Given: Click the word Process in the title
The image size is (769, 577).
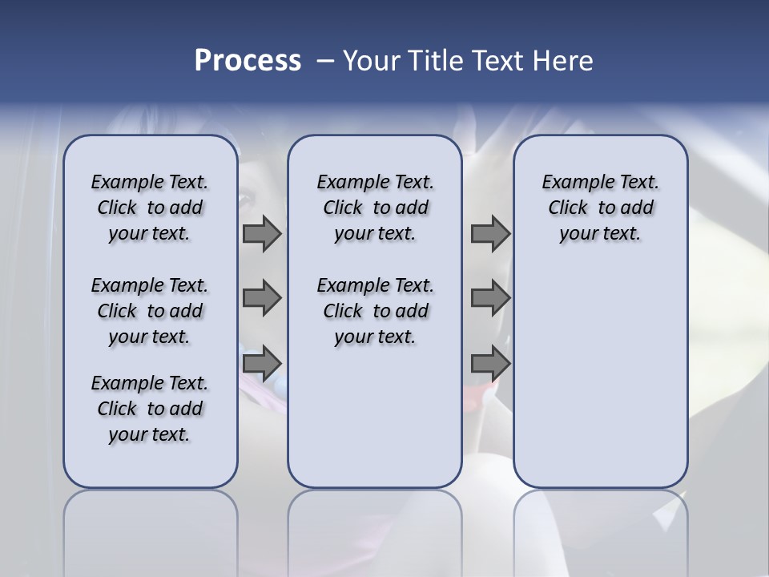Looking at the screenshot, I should (x=248, y=61).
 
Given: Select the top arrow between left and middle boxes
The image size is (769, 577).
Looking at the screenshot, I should (x=262, y=234).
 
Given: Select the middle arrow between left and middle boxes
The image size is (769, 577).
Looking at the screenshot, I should (x=262, y=298).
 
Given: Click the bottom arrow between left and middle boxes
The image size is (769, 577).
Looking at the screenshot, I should (x=262, y=364).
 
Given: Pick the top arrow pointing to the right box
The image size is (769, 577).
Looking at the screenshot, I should (x=490, y=234).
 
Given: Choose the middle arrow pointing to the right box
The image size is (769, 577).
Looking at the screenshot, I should (x=490, y=298).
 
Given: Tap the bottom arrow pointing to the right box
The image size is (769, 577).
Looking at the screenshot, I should (x=490, y=364).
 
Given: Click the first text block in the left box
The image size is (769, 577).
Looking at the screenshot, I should (x=150, y=208).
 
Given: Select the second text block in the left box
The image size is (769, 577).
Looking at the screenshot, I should (x=150, y=311).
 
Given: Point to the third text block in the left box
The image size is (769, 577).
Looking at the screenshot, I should (x=150, y=409).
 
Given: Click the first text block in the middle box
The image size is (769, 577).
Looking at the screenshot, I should (x=375, y=208).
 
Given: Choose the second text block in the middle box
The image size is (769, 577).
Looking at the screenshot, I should (x=375, y=311).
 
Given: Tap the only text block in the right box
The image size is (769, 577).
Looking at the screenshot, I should (x=600, y=208).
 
